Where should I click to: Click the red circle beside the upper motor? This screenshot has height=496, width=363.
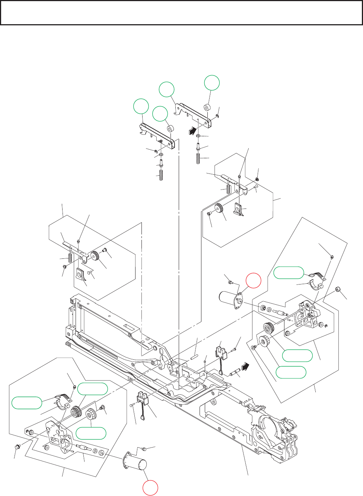(x=253, y=280)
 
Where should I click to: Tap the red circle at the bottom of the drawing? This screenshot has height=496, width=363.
(x=150, y=488)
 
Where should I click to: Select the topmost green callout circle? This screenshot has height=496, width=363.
(x=212, y=83)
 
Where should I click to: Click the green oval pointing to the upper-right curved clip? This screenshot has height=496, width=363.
(x=289, y=273)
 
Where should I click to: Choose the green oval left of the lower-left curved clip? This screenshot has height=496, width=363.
(x=27, y=403)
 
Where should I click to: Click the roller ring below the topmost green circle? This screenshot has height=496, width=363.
(x=207, y=108)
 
